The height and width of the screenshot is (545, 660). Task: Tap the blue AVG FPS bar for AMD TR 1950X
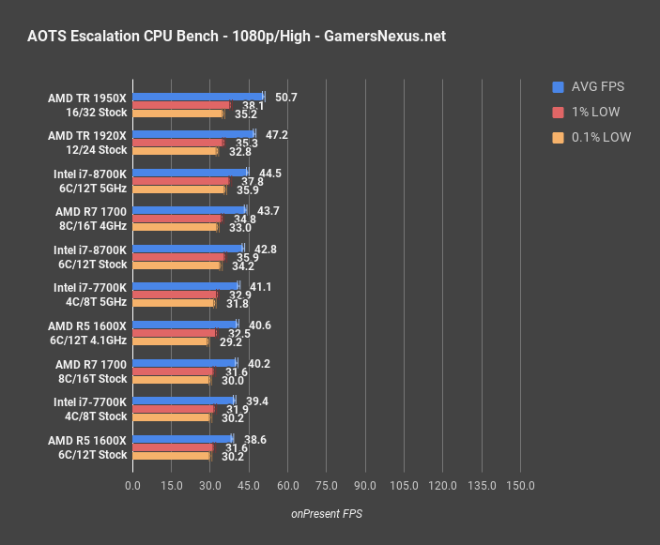coord(198,96)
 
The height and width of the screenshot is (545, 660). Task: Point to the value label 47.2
coord(277,134)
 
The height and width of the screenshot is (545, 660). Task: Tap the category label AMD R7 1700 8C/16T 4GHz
coord(91,219)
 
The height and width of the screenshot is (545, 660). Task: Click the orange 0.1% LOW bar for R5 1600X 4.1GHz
coord(170,341)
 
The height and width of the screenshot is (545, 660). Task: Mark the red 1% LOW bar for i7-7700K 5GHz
coord(175,295)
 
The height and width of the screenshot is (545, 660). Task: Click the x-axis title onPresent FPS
coord(326,513)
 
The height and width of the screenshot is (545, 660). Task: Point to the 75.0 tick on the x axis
coord(326,486)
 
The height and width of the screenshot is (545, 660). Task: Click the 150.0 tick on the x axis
coord(520,486)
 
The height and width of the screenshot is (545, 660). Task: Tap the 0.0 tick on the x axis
coord(132,486)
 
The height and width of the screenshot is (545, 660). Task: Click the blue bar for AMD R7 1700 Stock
coord(184,362)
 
